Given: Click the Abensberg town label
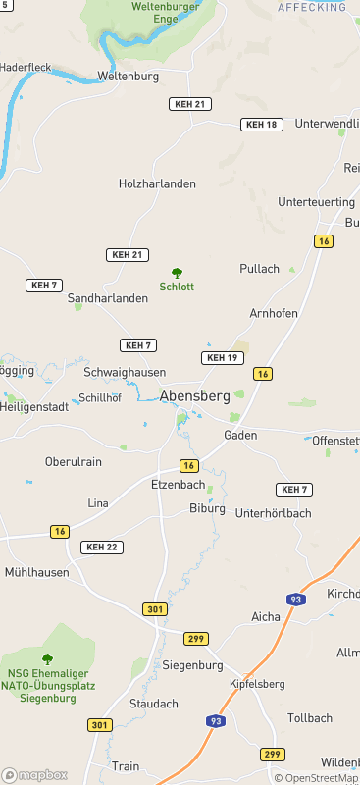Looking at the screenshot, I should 194,396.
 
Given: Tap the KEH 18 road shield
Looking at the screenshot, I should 262,125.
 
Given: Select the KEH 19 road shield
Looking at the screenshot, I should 223,358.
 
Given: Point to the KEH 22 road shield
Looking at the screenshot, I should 102,547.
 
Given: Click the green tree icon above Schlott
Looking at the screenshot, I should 178,273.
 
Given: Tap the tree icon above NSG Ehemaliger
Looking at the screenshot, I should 47,659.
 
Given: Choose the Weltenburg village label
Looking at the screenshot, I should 129,76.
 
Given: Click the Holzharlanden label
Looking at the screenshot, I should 157,183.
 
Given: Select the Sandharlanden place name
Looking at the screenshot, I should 108,297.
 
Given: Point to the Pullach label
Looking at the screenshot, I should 260,268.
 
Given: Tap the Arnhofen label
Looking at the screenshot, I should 273,313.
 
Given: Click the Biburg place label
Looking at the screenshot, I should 207,508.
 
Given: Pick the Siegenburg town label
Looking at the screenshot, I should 193,664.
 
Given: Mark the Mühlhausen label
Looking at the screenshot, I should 37,571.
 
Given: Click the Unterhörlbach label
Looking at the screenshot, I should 274,512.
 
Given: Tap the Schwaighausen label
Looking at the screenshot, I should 125,373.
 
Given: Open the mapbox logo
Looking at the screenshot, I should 34,774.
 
